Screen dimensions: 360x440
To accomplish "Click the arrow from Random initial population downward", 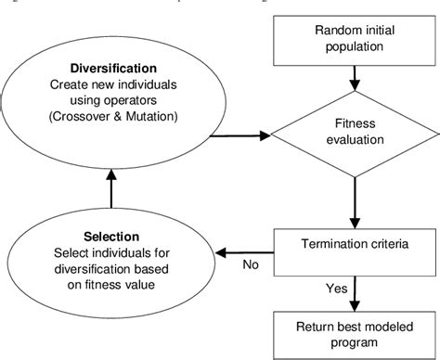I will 354,90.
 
